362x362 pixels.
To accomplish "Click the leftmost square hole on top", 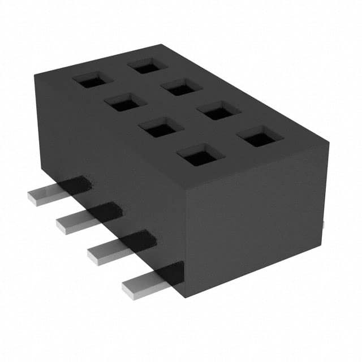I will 92,80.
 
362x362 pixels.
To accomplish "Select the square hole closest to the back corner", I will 147,66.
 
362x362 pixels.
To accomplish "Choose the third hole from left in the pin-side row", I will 161,127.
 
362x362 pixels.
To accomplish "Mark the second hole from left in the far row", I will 181,87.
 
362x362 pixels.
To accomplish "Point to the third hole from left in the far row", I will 218,110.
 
